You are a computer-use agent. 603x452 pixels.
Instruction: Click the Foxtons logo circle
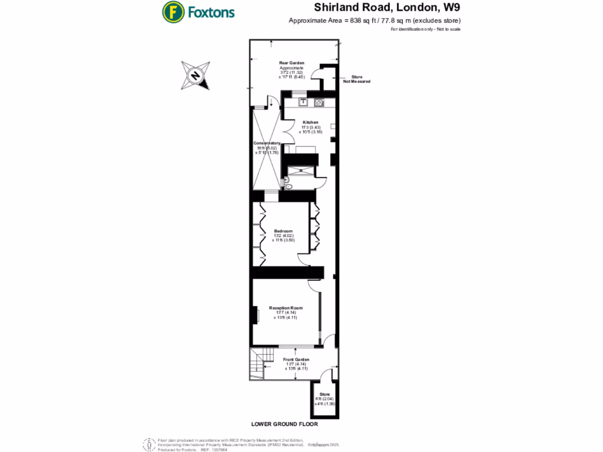(x=173, y=11)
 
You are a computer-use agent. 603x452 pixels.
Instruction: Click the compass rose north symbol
(x=196, y=75)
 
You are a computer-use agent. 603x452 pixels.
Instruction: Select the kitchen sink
(x=304, y=102)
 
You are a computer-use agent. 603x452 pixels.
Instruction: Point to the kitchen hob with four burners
(x=319, y=102)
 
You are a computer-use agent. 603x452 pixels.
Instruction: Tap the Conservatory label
(x=266, y=143)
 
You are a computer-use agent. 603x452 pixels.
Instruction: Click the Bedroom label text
(x=283, y=231)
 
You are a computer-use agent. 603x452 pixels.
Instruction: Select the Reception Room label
(x=286, y=308)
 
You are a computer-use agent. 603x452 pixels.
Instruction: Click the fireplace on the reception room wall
(x=256, y=315)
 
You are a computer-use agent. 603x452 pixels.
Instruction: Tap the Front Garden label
(x=296, y=359)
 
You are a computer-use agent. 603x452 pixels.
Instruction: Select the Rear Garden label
(x=291, y=62)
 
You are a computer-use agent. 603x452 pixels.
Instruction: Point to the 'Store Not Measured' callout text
(x=356, y=79)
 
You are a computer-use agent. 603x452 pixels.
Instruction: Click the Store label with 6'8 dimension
(x=324, y=394)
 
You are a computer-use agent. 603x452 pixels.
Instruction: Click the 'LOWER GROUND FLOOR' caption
(x=284, y=424)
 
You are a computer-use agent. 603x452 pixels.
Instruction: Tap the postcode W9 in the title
(x=451, y=8)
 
